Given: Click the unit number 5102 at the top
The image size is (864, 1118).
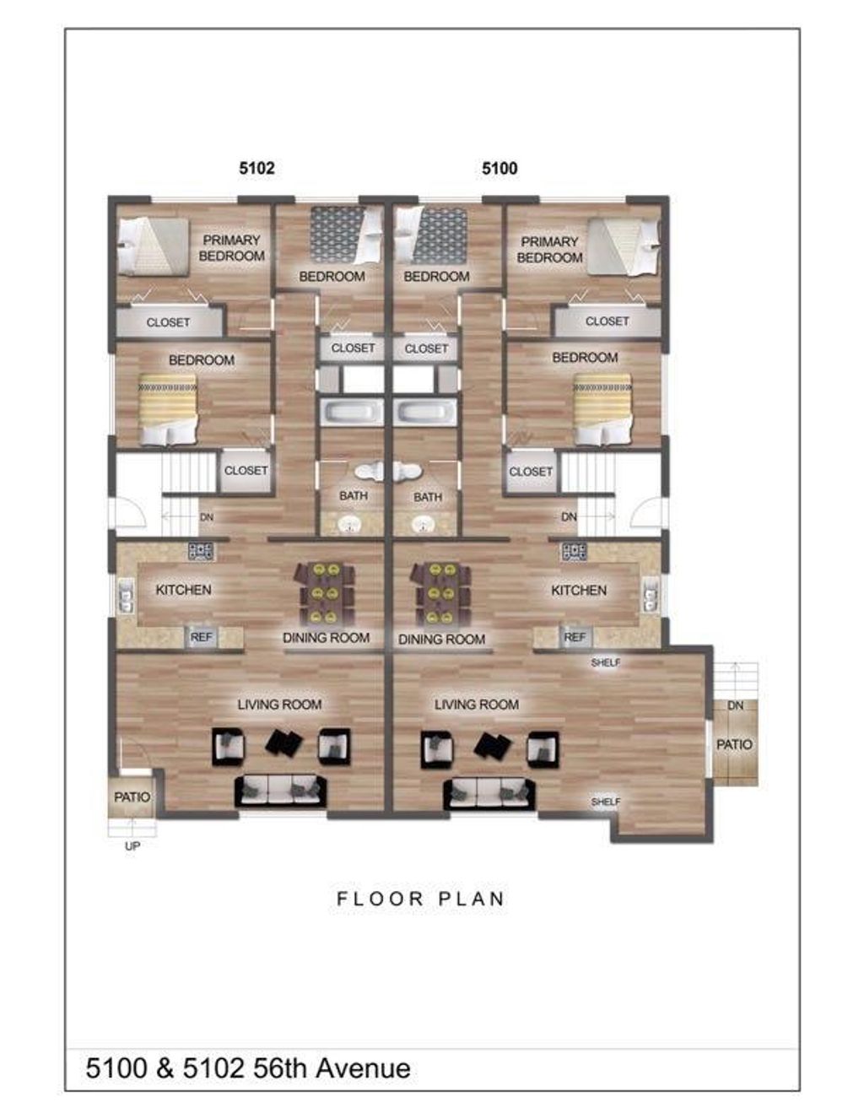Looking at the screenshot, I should [256, 168].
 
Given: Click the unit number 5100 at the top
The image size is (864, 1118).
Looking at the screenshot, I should [499, 168].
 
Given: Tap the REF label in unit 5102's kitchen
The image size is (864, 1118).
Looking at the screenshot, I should [201, 637].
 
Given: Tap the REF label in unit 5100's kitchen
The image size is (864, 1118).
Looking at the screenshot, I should [575, 637].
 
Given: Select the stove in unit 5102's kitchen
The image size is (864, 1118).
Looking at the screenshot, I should [201, 552].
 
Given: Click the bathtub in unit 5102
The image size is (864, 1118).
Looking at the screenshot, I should [352, 413].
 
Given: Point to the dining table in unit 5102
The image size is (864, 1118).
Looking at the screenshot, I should [325, 593].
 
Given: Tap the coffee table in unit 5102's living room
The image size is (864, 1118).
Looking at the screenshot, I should [284, 743].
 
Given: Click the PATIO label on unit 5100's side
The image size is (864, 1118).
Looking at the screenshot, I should [734, 744].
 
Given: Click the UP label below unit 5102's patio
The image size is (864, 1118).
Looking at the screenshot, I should [132, 845].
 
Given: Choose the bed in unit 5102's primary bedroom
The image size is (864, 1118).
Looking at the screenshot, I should [154, 246].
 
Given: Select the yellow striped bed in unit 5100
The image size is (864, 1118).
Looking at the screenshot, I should [602, 408].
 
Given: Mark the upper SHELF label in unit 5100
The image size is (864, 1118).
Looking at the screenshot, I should [605, 663].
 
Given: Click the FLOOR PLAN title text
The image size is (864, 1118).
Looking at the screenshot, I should [420, 899].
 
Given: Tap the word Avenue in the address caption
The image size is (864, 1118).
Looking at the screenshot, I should [364, 1068].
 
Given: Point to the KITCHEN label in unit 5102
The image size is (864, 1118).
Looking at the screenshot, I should [183, 590].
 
